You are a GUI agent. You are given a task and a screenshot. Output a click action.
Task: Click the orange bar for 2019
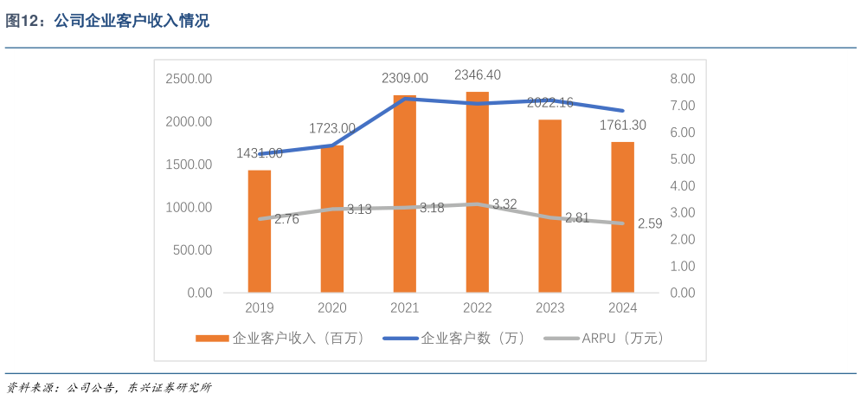tap(260, 231)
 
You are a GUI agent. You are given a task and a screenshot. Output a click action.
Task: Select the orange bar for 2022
tap(478, 192)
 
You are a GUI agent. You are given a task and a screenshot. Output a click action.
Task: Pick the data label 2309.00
tap(405, 78)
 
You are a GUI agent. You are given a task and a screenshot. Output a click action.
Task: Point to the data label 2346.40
tap(478, 74)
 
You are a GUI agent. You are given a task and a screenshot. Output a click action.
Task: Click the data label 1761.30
tap(622, 126)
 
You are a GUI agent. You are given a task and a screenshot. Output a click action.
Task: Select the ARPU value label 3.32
tap(504, 204)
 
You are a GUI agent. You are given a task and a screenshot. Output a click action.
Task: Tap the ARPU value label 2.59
tap(650, 223)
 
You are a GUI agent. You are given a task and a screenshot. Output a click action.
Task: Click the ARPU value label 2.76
tap(286, 219)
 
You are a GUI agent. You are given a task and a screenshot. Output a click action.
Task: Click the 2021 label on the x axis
tap(405, 308)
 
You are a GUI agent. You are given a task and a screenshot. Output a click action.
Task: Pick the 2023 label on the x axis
tap(549, 308)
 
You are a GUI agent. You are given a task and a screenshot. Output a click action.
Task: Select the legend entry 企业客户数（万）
tap(463, 339)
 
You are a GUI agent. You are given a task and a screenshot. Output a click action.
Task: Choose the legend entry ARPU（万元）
tap(606, 339)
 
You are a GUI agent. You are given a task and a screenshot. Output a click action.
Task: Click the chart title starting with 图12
tap(108, 22)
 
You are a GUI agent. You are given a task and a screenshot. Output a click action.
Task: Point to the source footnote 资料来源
tap(108, 387)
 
